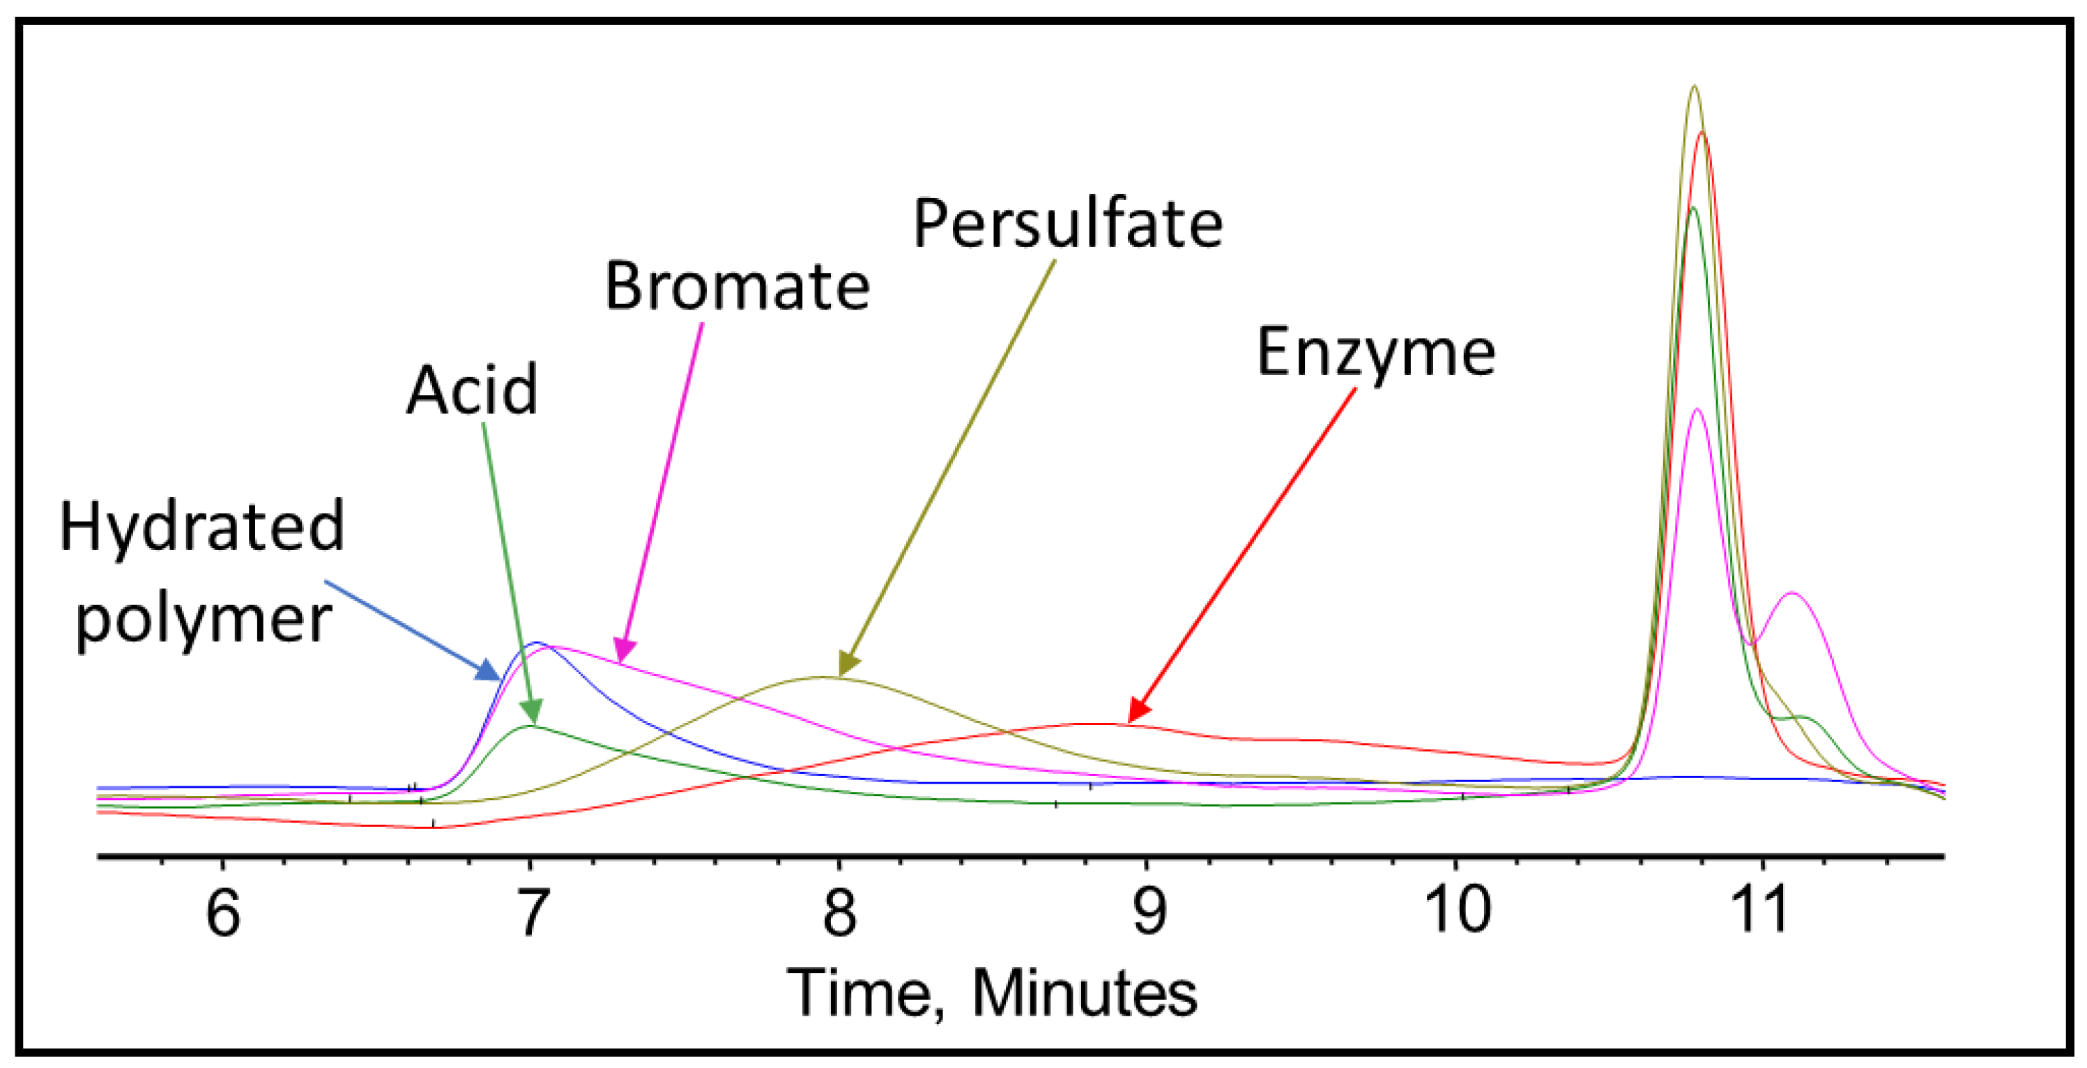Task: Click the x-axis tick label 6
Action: [x=224, y=913]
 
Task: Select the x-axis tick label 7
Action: [x=531, y=913]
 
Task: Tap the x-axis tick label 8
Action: [x=839, y=913]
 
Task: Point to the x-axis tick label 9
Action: [x=1148, y=913]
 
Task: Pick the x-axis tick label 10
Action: [x=1458, y=911]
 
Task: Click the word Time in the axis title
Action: [x=864, y=993]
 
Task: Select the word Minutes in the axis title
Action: [x=1084, y=993]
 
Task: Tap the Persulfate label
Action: [x=1067, y=224]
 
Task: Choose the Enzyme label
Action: [x=1376, y=353]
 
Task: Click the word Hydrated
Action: [x=201, y=528]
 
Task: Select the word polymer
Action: [x=204, y=620]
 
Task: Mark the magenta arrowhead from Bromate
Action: [x=624, y=650]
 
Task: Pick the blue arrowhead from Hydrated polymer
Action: [x=489, y=671]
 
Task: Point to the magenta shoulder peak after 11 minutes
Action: [x=1791, y=594]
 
